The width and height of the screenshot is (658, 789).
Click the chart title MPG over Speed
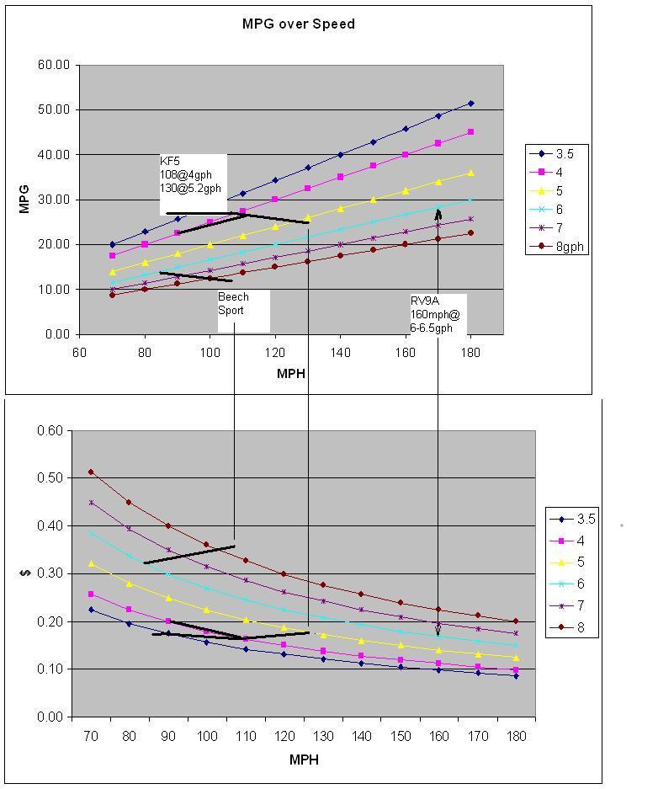(299, 24)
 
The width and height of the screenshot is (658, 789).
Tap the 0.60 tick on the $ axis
(50, 430)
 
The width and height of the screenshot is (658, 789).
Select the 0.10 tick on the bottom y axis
(50, 669)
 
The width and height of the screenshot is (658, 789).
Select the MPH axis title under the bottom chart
(304, 760)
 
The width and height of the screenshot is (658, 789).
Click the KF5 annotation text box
(193, 184)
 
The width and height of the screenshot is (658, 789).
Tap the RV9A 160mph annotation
(433, 314)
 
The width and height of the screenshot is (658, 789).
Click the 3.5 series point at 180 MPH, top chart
(470, 103)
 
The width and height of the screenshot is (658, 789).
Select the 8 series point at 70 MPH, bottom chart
(91, 472)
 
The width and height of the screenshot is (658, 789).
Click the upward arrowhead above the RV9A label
(438, 214)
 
